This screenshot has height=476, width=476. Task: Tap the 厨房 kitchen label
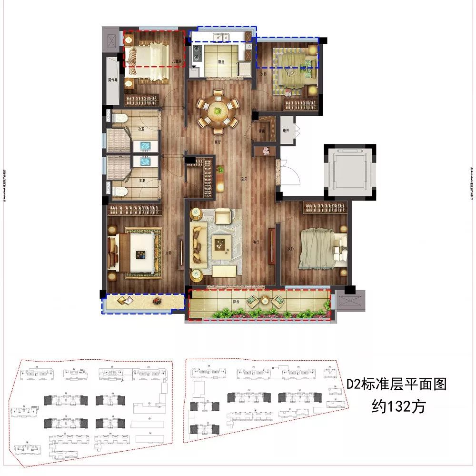tap(221, 61)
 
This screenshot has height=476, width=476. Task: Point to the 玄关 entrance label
tap(245, 180)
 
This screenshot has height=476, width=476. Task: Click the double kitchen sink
tap(221, 38)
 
